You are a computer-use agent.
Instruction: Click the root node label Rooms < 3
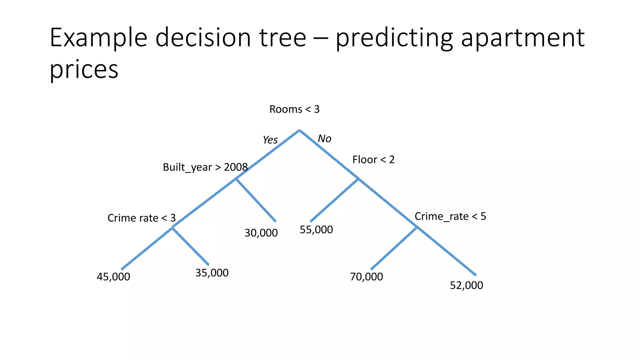294,109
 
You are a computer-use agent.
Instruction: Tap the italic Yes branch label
270,140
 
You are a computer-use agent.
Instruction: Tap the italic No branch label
324,138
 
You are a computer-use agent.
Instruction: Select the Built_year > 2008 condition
205,167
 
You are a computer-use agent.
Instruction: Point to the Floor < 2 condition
373,160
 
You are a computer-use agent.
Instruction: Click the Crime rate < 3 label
142,218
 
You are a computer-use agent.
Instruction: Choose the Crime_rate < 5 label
450,216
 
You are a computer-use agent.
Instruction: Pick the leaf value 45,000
113,277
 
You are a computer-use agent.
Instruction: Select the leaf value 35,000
212,273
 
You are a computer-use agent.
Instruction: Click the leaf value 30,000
261,233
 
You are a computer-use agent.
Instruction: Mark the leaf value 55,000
316,230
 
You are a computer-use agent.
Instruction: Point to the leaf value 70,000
366,277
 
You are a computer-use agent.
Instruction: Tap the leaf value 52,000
466,285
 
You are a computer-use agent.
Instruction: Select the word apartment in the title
522,37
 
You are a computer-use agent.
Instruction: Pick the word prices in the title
84,69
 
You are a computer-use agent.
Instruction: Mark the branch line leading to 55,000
334,200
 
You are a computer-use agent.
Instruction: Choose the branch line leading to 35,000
191,247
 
